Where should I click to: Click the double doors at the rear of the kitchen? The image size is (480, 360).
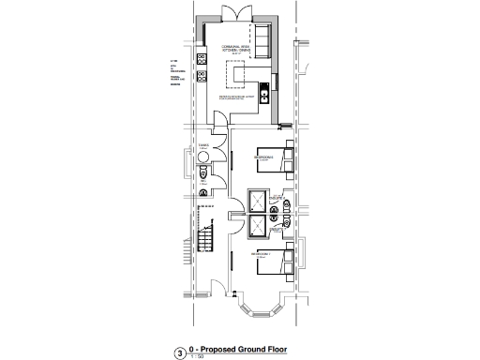tap(231, 13)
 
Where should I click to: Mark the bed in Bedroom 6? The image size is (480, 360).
tap(277, 159)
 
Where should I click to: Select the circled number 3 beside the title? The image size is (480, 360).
tap(179, 353)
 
